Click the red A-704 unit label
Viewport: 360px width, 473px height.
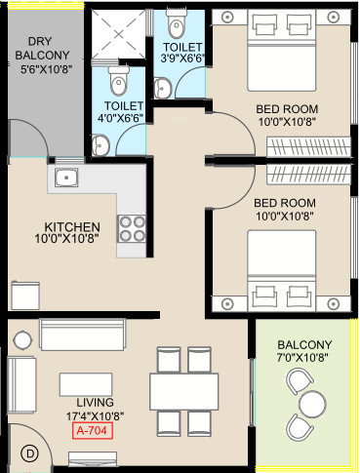click(x=93, y=431)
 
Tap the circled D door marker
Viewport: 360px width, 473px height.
click(x=30, y=453)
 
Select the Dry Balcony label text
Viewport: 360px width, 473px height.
click(x=42, y=49)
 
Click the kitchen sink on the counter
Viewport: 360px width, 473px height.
click(x=66, y=177)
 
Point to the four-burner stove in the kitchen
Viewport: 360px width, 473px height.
click(x=132, y=228)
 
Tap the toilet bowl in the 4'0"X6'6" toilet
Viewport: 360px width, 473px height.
click(x=118, y=81)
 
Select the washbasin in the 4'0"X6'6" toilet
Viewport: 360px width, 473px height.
click(x=100, y=145)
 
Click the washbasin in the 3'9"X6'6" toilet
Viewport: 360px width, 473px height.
click(x=163, y=89)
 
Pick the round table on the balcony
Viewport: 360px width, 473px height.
click(x=312, y=405)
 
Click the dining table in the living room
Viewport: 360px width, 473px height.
click(x=183, y=391)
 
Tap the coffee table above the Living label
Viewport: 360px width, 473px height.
click(x=86, y=384)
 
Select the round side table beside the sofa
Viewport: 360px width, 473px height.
click(x=22, y=339)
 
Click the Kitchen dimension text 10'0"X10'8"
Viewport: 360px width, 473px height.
click(x=66, y=239)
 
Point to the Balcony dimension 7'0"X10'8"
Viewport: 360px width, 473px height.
click(x=302, y=357)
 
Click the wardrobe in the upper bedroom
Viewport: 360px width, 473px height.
click(x=308, y=147)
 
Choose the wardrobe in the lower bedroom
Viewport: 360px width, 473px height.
click(x=308, y=175)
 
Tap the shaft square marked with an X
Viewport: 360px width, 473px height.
click(x=118, y=33)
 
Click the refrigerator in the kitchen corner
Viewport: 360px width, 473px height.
click(x=25, y=296)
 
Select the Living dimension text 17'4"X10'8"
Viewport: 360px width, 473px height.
click(x=95, y=415)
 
